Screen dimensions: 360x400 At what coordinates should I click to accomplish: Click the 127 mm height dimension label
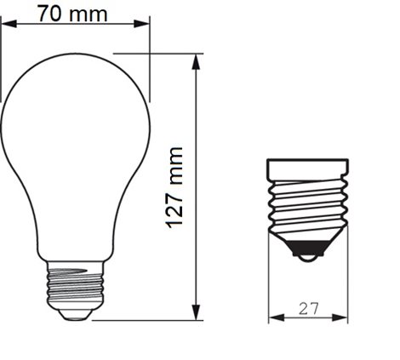click(x=175, y=186)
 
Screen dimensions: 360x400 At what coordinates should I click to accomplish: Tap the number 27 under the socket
click(x=308, y=310)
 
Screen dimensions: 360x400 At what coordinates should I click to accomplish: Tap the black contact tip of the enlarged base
click(x=308, y=253)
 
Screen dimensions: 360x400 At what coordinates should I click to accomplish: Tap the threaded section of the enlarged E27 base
click(x=308, y=204)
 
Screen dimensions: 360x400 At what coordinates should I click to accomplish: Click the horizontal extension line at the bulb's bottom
click(x=145, y=321)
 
